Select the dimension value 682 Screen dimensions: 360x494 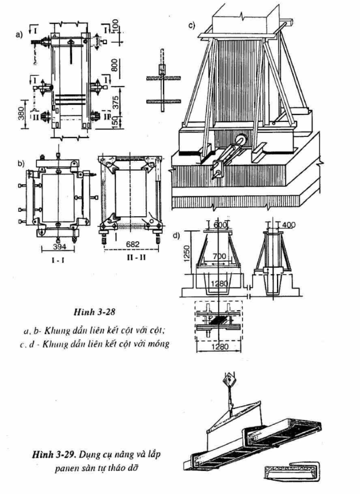pyautogui.click(x=133, y=244)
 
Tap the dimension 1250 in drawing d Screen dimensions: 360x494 pyautogui.click(x=187, y=253)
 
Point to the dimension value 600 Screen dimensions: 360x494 pyautogui.click(x=220, y=225)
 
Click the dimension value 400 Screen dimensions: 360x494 pyautogui.click(x=288, y=225)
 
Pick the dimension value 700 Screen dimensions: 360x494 pyautogui.click(x=219, y=256)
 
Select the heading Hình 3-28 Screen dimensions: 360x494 pyautogui.click(x=94, y=312)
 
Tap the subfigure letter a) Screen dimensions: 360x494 pyautogui.click(x=19, y=34)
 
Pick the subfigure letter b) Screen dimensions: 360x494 pyautogui.click(x=21, y=163)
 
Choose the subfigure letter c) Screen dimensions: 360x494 pyautogui.click(x=192, y=25)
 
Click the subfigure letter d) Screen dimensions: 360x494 pyautogui.click(x=177, y=235)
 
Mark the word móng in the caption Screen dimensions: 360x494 pyautogui.click(x=159, y=343)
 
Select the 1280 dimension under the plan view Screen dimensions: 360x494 pyautogui.click(x=219, y=347)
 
